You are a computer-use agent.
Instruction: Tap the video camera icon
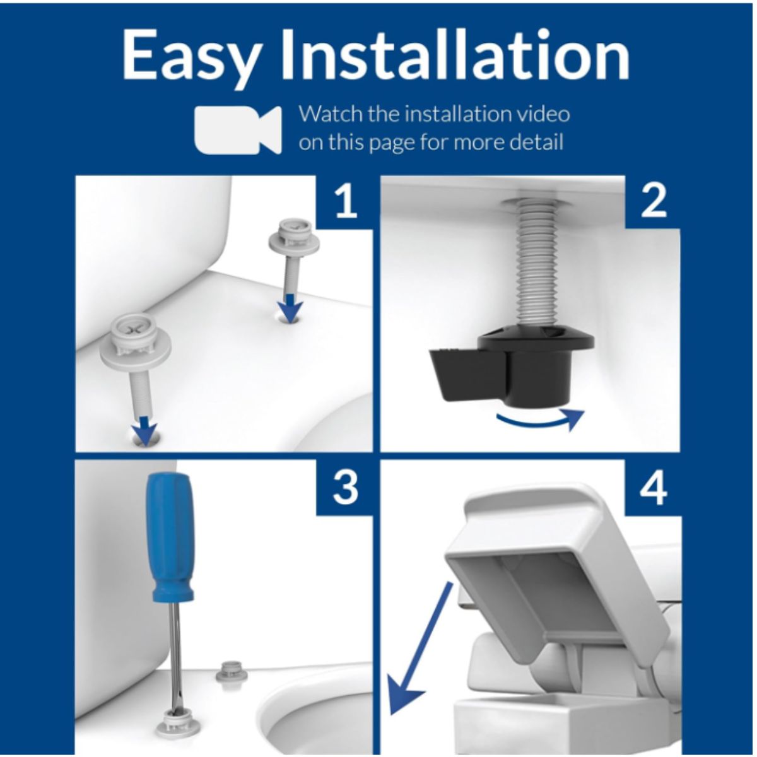point(238,129)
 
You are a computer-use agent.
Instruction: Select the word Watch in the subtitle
point(329,114)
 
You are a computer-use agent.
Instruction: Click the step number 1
point(346,202)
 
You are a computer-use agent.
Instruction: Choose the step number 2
point(654,202)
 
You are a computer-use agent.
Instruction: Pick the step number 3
point(345,488)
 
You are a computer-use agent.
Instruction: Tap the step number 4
point(654,488)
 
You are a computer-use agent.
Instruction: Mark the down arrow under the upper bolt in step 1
point(289,307)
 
